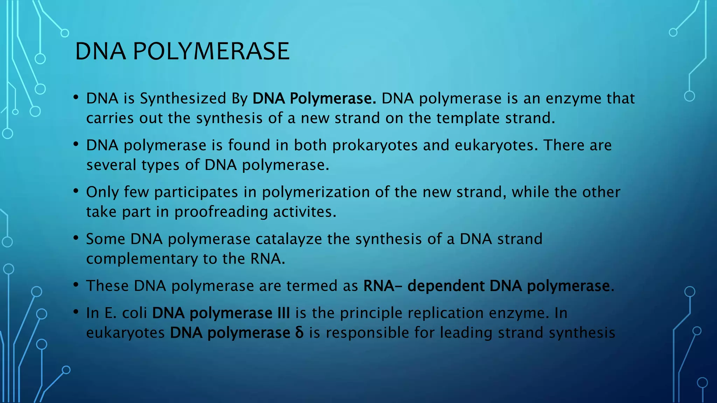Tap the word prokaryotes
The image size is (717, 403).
tap(375, 146)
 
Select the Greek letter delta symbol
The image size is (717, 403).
tap(299, 333)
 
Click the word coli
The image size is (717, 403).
tap(134, 313)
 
